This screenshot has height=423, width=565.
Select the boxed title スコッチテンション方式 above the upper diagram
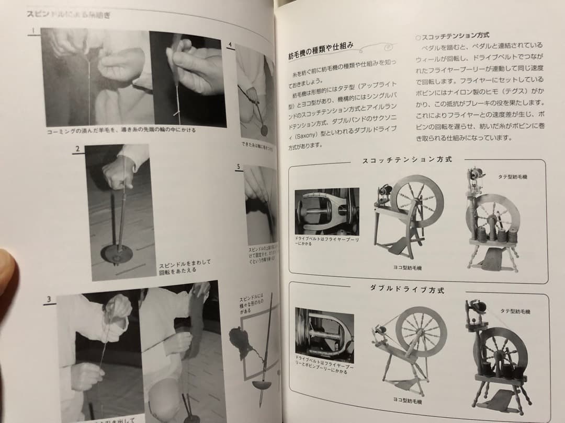tap(407, 159)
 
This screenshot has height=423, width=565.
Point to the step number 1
tap(32, 31)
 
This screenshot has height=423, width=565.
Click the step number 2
tap(77, 149)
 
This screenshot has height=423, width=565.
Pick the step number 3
tap(48, 299)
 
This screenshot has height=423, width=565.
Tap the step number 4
tap(230, 45)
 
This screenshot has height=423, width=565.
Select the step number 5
tap(239, 167)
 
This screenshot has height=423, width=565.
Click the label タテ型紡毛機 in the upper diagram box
tap(513, 177)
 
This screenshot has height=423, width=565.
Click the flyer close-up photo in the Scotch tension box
tap(327, 211)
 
